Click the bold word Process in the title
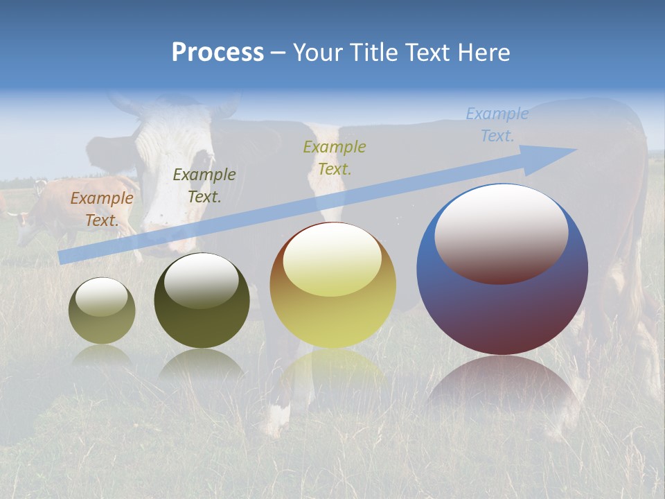(x=218, y=53)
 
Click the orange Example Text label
(x=101, y=209)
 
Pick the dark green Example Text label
(x=204, y=186)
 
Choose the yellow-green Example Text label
(x=334, y=158)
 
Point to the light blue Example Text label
(x=497, y=125)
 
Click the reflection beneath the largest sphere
(x=502, y=388)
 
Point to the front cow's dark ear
(x=104, y=149)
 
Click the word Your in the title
(x=317, y=53)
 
